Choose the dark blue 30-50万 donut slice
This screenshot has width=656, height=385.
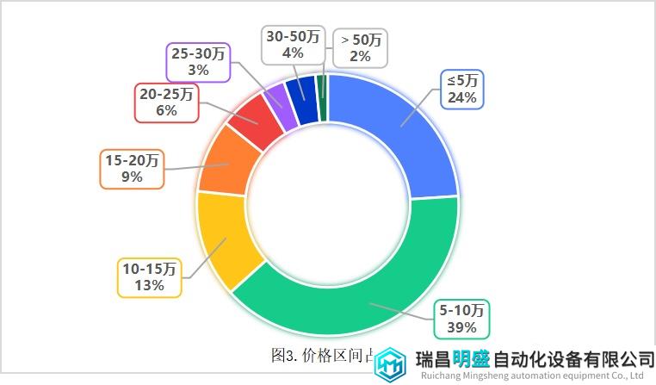click(303, 90)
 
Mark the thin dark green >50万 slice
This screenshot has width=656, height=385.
click(322, 86)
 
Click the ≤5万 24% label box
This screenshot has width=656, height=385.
click(462, 89)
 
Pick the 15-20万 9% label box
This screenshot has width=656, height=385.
click(132, 169)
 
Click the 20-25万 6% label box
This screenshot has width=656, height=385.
click(167, 101)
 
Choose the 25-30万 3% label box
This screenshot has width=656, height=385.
click(198, 61)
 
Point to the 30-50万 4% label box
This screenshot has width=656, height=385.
click(293, 44)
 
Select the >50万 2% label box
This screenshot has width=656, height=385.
click(361, 47)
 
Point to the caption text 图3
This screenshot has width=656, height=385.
click(285, 355)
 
